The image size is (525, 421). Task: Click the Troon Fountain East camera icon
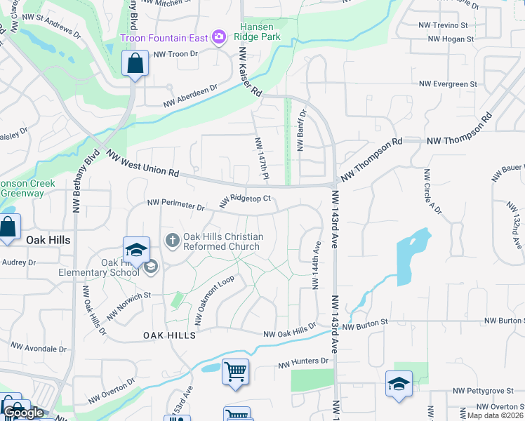click(219, 36)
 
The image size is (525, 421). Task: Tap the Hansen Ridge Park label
click(270, 31)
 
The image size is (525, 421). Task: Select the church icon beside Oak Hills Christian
click(173, 241)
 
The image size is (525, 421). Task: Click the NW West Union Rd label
click(143, 163)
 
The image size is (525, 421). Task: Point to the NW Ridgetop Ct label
click(245, 201)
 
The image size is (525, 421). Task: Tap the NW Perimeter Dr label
click(175, 206)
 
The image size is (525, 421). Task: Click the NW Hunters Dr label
click(303, 363)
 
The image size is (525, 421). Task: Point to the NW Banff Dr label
click(301, 131)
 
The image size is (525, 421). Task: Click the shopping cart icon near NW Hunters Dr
click(235, 370)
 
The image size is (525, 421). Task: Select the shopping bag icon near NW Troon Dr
click(135, 63)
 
